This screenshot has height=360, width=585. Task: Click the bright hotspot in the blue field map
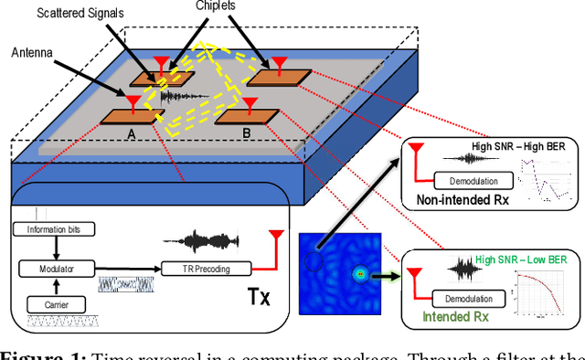click(359, 273)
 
